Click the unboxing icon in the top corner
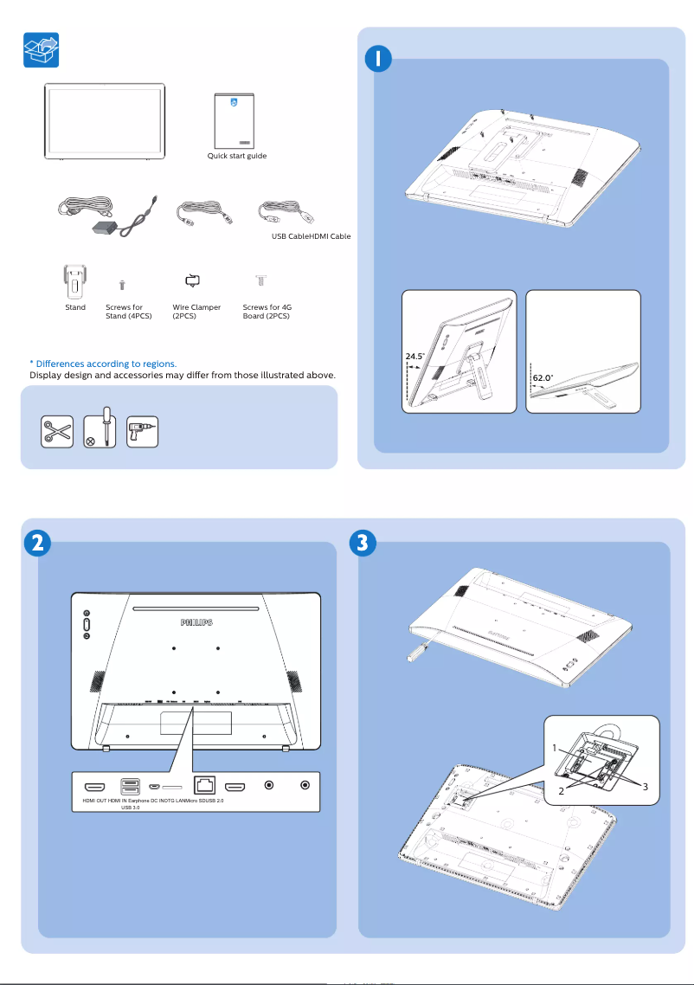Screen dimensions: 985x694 click(41, 50)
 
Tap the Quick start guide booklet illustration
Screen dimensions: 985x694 click(237, 120)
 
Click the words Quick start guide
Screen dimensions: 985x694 click(236, 156)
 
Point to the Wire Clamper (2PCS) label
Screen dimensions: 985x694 click(196, 312)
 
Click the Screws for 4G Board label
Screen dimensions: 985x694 click(267, 312)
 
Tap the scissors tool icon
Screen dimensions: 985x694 click(57, 431)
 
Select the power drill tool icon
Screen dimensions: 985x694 click(143, 431)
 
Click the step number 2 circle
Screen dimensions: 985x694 click(35, 543)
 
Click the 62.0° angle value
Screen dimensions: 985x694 click(543, 378)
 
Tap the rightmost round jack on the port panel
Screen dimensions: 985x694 click(304, 786)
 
